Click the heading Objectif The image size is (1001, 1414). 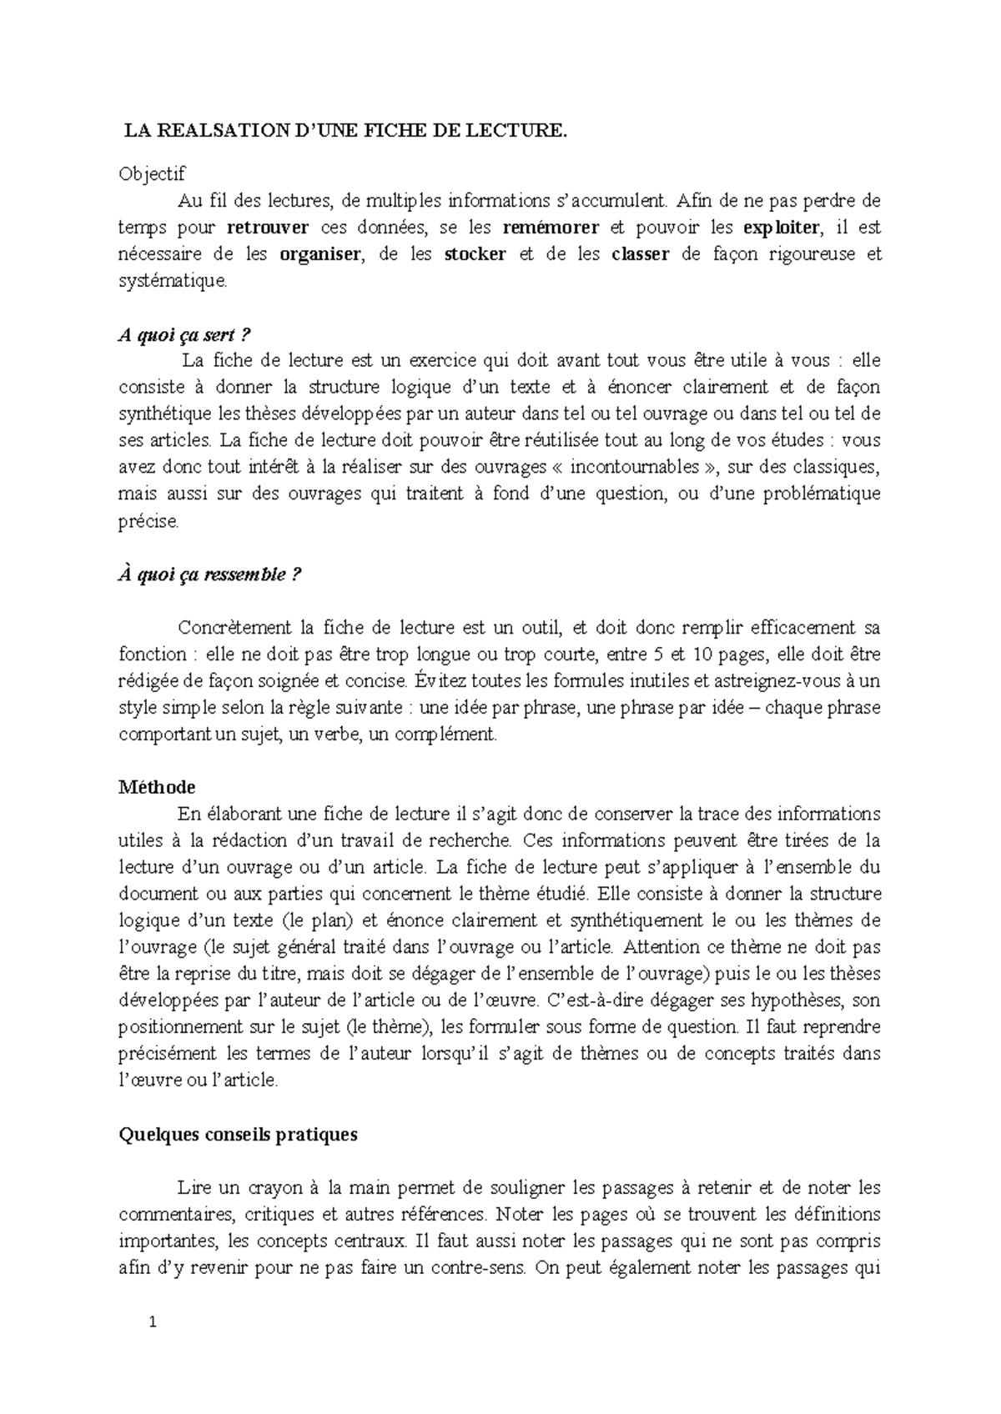tap(152, 174)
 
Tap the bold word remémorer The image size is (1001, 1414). tap(551, 228)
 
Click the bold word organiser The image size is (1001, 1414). tap(320, 254)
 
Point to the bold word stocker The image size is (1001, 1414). tap(475, 254)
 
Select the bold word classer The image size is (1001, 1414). tap(640, 254)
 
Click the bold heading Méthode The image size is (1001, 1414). tap(157, 787)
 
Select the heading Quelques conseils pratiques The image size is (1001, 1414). tap(239, 1134)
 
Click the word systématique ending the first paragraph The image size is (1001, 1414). tap(172, 282)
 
